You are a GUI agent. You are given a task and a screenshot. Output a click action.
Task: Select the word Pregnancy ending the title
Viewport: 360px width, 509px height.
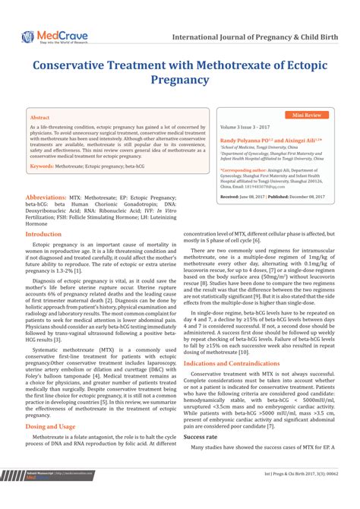[x=179, y=79]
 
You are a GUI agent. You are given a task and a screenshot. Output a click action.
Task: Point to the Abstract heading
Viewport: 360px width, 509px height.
[x=40, y=119]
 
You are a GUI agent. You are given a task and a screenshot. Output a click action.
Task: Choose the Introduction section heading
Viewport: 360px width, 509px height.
[x=44, y=234]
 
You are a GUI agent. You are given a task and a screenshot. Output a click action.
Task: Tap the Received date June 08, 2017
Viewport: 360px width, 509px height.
[x=249, y=196]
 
